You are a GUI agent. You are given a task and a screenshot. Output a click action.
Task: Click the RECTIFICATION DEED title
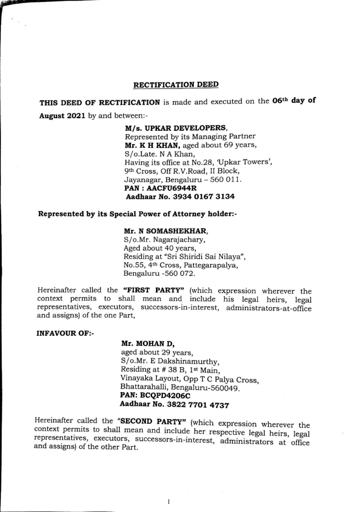coord(176,85)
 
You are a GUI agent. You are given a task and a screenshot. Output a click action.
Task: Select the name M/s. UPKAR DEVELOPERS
coord(165,129)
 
